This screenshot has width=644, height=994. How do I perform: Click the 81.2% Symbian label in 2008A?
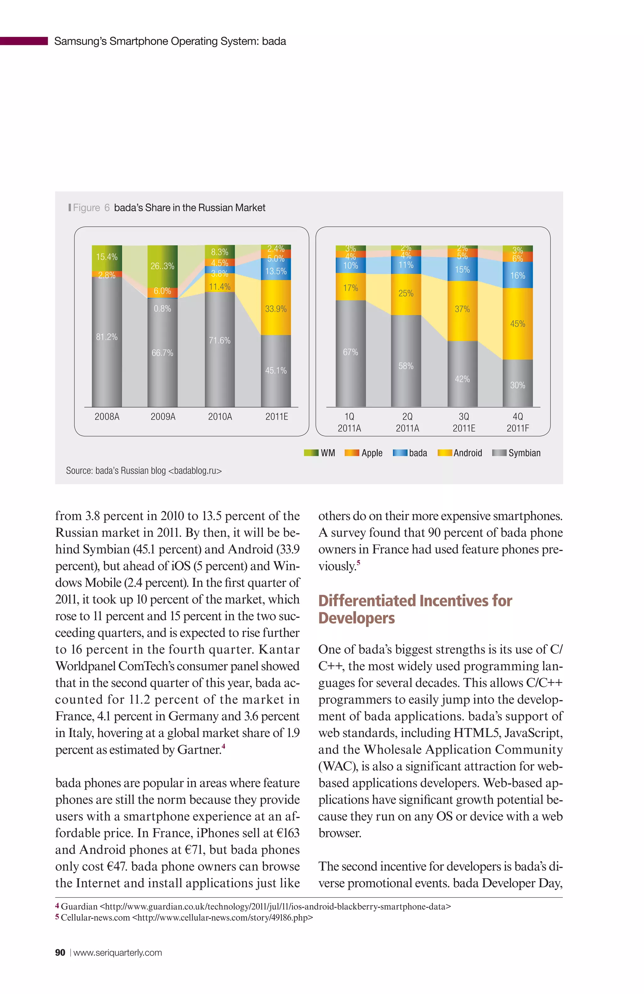[107, 337]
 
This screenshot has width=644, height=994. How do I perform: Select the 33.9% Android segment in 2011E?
[276, 308]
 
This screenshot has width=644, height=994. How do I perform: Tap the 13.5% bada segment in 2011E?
[276, 271]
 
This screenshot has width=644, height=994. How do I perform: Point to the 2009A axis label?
[163, 416]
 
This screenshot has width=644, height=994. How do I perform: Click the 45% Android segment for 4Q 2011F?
[518, 324]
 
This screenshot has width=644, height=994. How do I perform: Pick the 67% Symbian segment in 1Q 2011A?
[350, 352]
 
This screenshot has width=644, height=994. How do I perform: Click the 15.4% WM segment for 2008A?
[107, 257]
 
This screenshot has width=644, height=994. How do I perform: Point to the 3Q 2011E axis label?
[464, 422]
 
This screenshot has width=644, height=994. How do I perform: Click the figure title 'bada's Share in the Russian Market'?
[190, 208]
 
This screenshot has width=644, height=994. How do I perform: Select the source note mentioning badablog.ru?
[144, 471]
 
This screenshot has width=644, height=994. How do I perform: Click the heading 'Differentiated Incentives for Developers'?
[415, 609]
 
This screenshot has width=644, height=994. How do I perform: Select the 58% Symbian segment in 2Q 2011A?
[406, 366]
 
